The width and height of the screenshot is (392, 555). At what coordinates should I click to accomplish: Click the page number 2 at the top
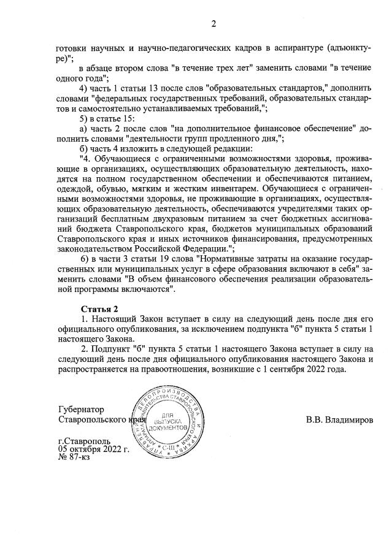tap(213, 24)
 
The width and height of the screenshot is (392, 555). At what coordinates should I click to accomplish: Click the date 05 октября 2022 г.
tap(93, 449)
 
